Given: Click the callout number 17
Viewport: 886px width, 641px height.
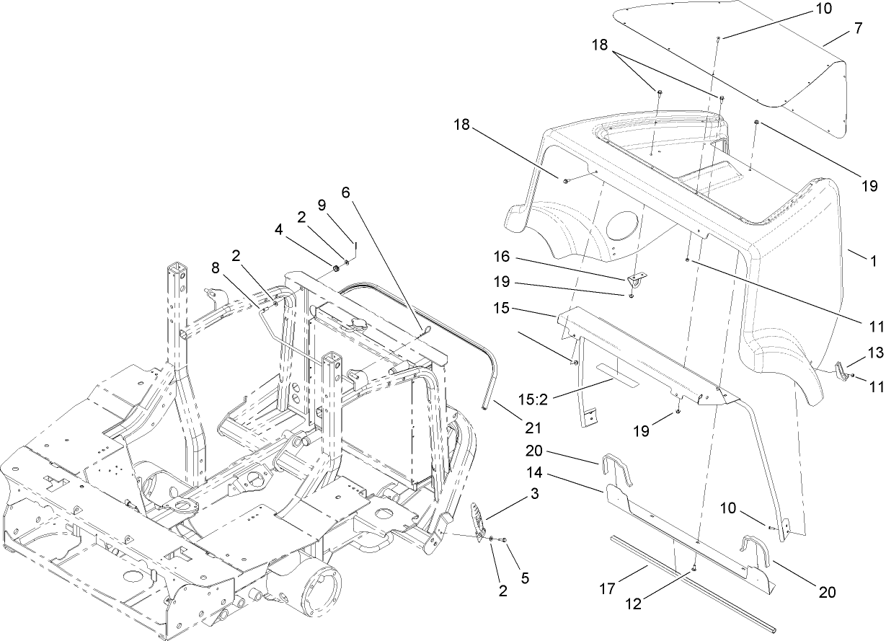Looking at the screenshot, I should (x=607, y=588).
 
